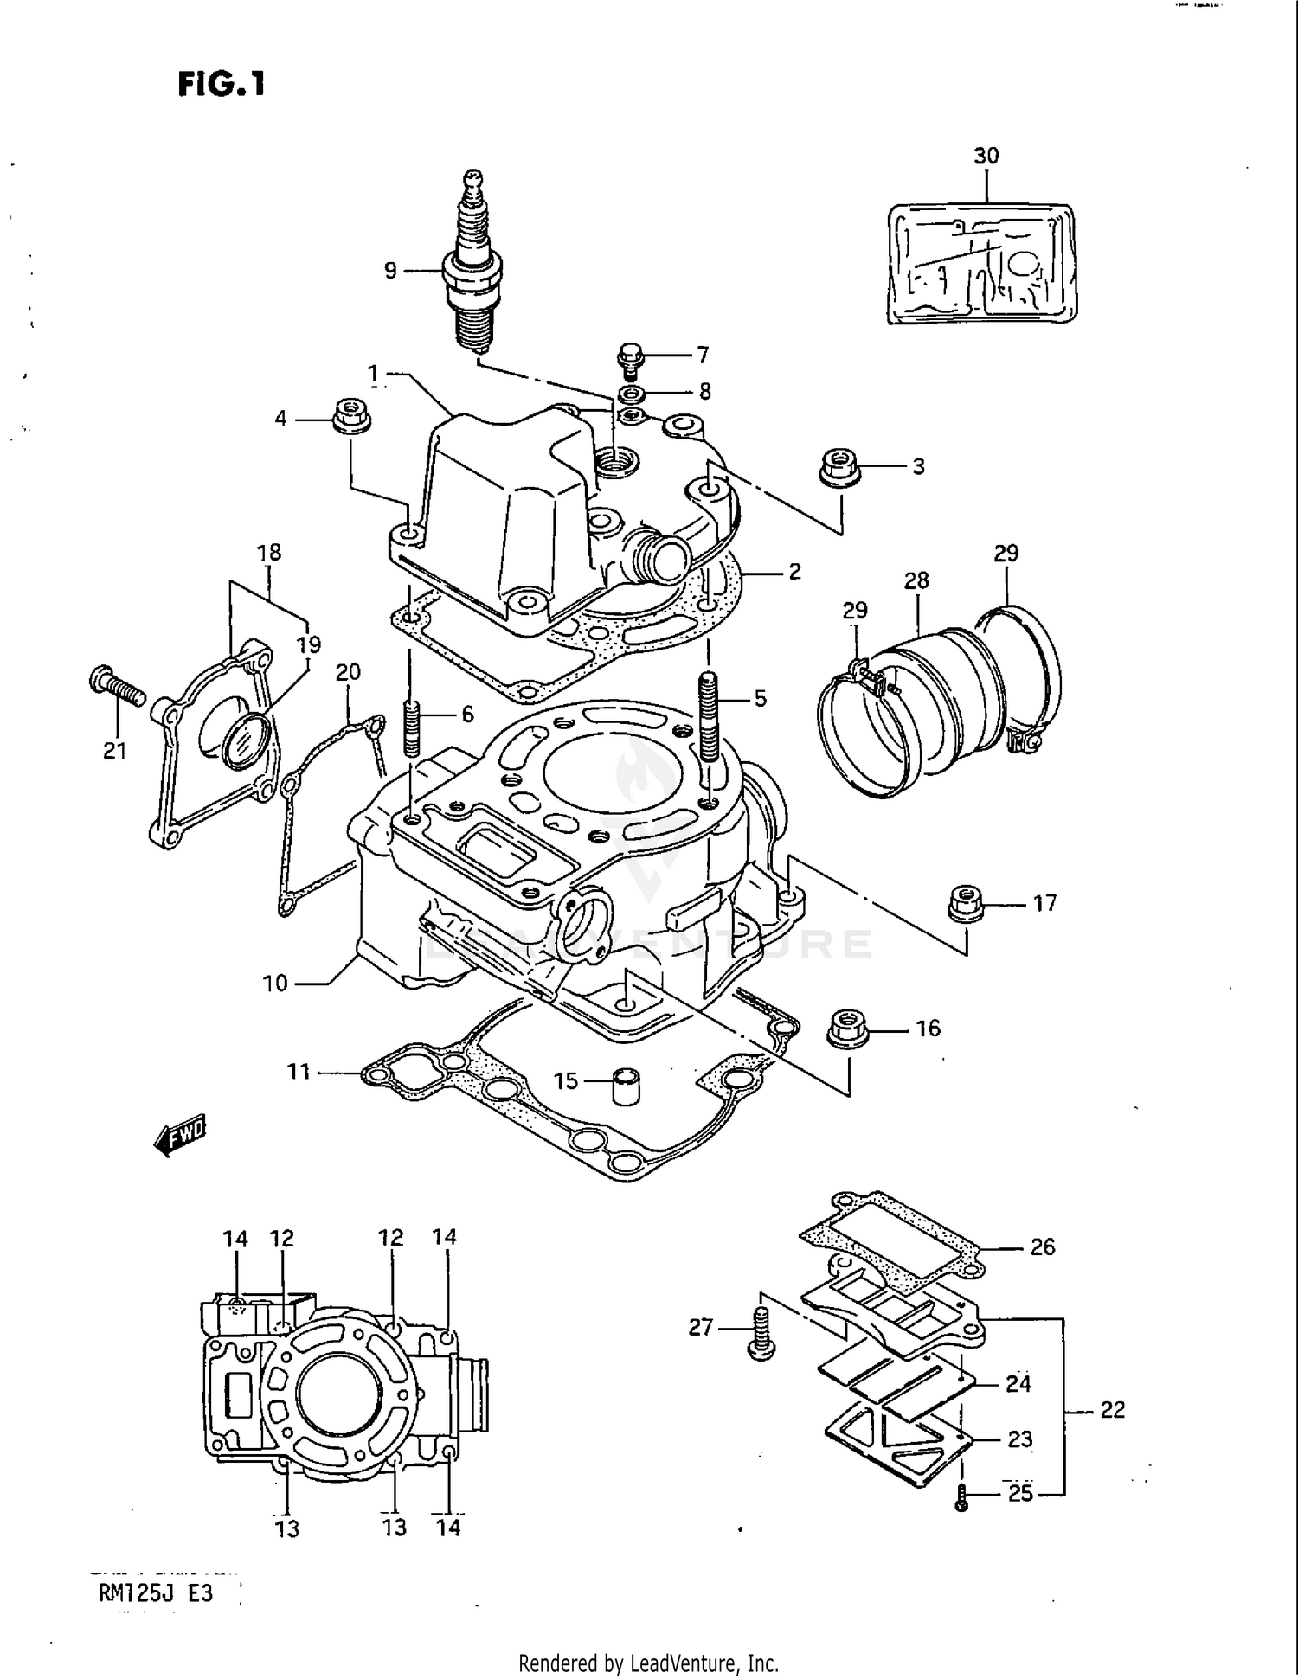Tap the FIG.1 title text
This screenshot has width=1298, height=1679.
tap(222, 85)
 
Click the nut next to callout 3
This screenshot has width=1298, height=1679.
tap(837, 467)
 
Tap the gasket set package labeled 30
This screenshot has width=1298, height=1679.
tap(982, 264)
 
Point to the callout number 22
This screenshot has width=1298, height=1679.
tap(1112, 1410)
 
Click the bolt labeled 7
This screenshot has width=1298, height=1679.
tap(630, 359)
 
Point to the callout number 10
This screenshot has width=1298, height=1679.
tap(274, 984)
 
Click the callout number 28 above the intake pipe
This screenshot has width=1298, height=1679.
tap(916, 580)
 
